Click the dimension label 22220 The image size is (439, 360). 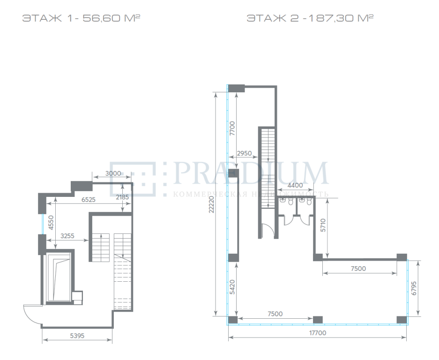(211, 204)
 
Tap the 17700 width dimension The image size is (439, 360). (318, 333)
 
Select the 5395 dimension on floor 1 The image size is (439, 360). (77, 336)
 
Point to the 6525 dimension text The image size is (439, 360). (89, 200)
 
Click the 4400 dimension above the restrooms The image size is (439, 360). (295, 185)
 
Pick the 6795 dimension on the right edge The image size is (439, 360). (414, 288)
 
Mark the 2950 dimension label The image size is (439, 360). (244, 153)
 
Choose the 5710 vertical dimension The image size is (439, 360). (323, 225)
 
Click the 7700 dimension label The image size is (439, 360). (232, 128)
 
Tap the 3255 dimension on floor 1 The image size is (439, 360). (67, 236)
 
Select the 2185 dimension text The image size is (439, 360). (122, 197)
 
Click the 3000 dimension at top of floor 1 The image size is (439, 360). (113, 173)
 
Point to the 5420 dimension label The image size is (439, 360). (232, 287)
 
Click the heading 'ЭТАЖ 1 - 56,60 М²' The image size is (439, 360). (81, 18)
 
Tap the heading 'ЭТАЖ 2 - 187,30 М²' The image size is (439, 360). (310, 18)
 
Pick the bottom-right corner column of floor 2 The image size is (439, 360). (402, 320)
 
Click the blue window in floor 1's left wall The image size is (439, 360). (43, 224)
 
